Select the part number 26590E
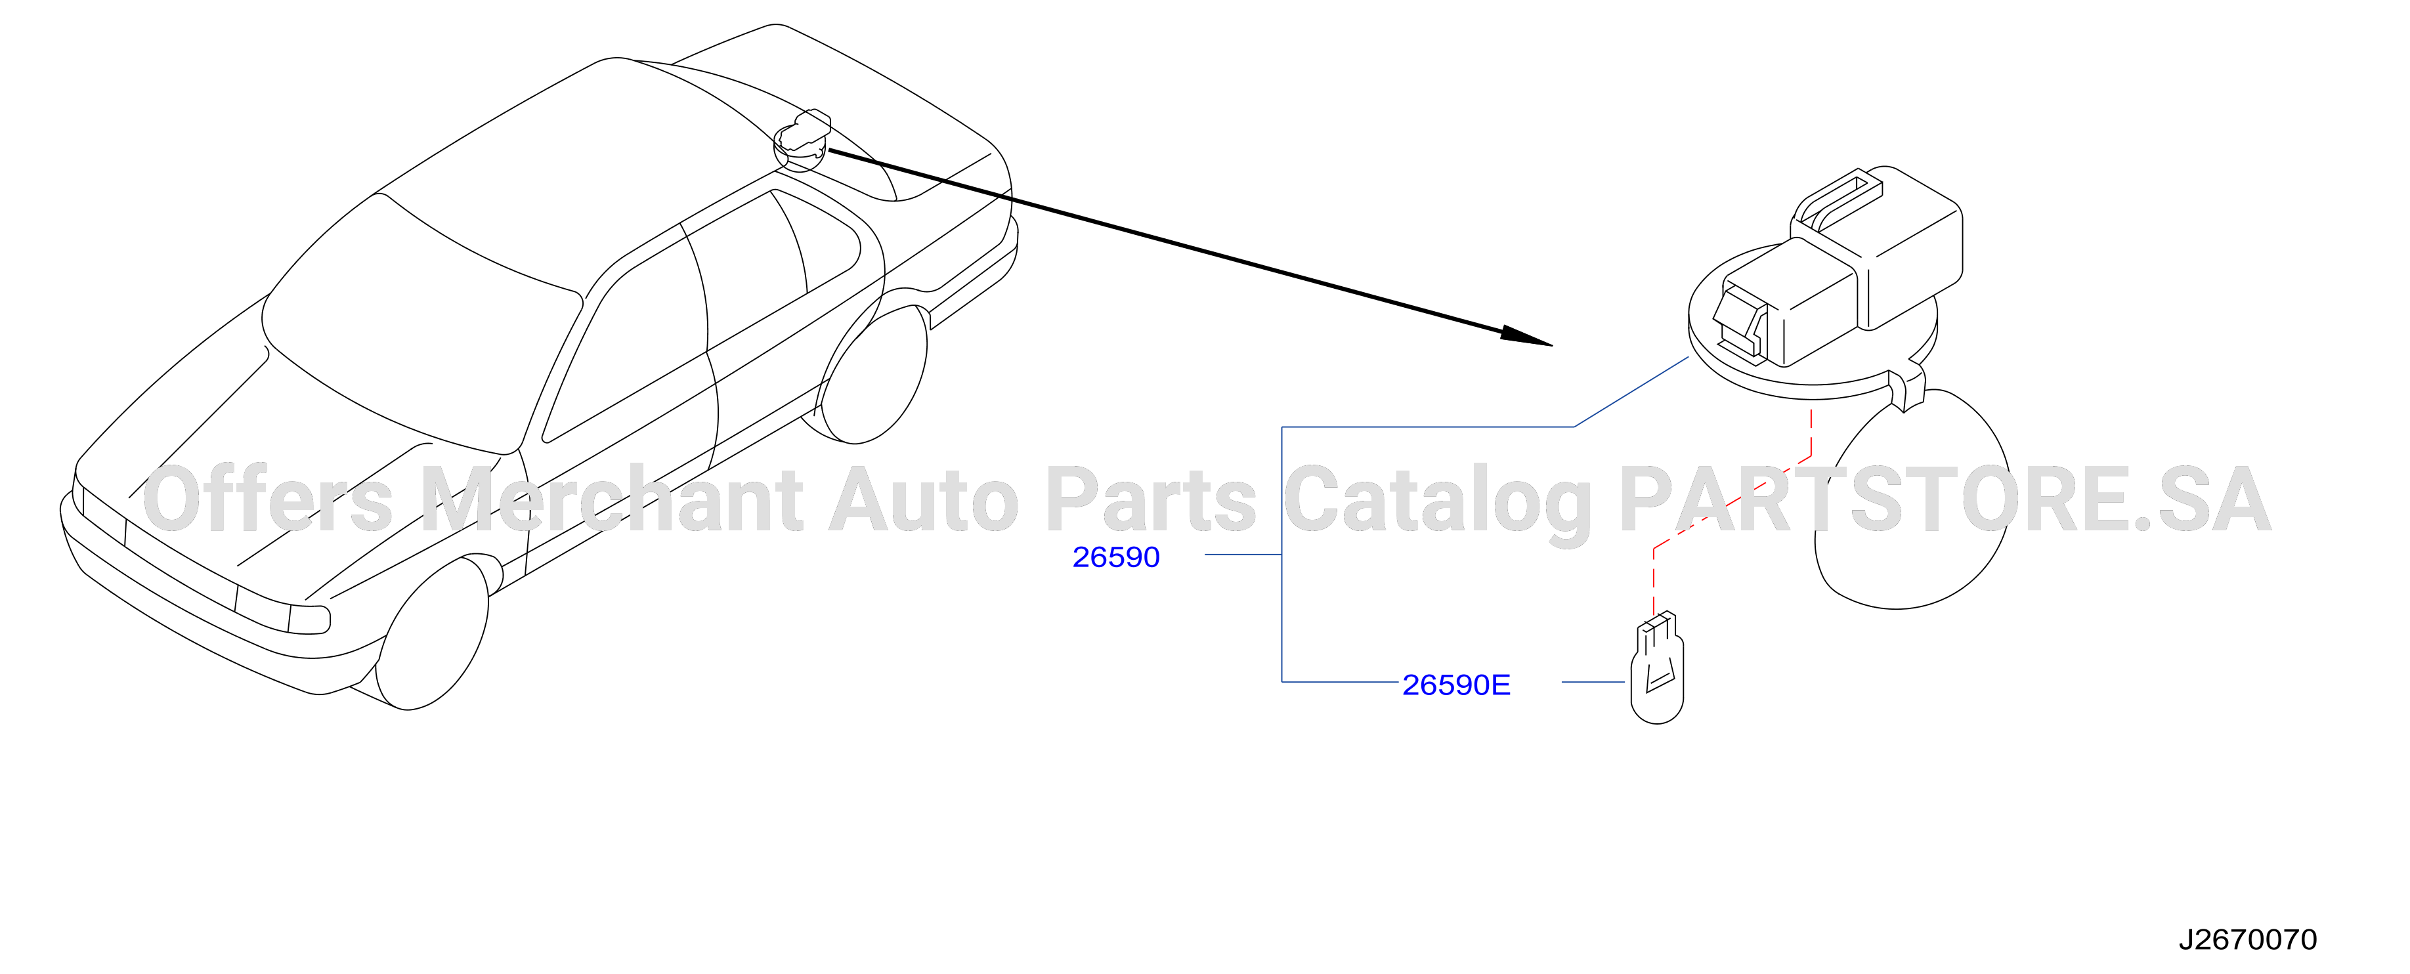(1455, 685)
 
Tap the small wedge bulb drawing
(1657, 668)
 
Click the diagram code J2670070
(2247, 939)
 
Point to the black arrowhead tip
(1551, 345)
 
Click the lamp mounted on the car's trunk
(802, 140)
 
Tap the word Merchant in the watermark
(611, 499)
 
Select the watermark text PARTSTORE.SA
(1946, 499)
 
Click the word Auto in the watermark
(924, 499)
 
